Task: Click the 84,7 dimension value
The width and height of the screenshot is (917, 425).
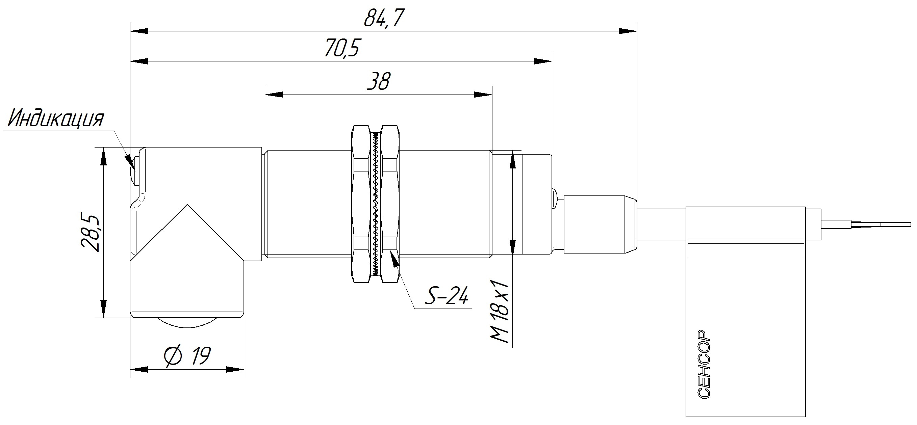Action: coord(384,18)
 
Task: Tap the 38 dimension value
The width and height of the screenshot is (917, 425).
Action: coord(378,81)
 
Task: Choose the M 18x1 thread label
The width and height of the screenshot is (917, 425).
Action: coord(500,311)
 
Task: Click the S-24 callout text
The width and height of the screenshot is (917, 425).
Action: coord(447,295)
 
